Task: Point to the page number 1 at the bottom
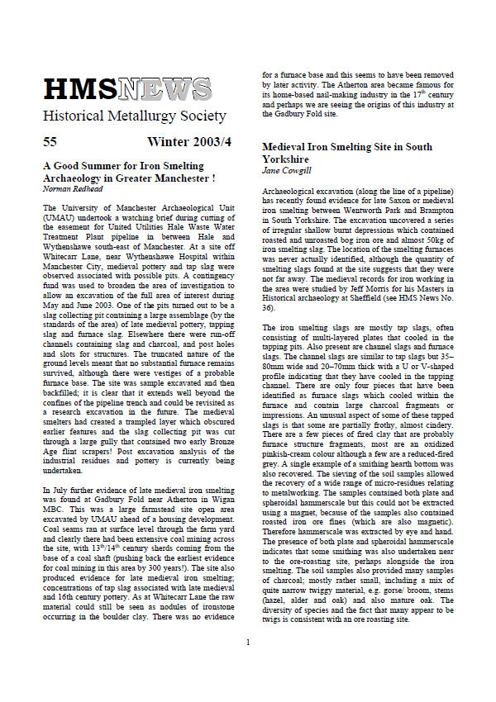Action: click(x=247, y=664)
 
